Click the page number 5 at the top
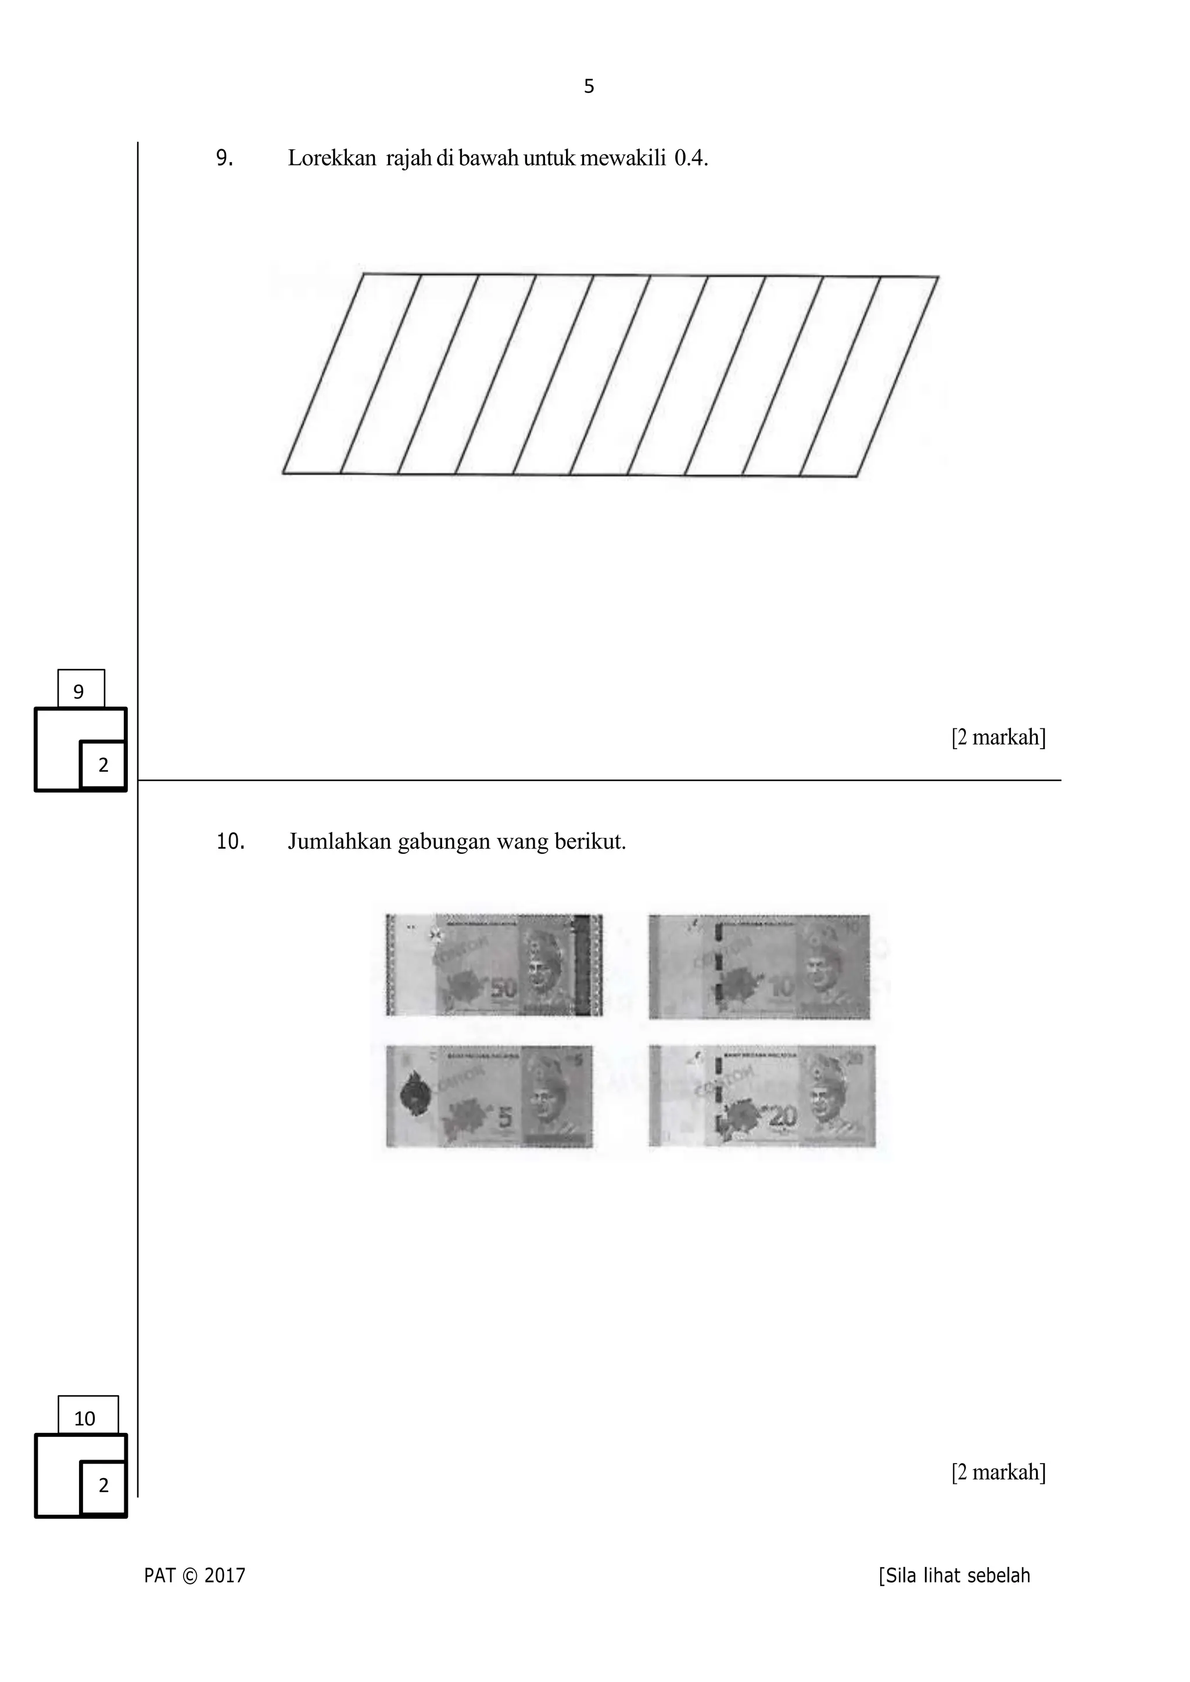589,87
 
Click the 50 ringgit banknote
494,965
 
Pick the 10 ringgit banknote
759,966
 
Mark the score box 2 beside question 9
103,765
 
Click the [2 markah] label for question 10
998,1472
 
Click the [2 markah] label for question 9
998,737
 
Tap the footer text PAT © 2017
195,1575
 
